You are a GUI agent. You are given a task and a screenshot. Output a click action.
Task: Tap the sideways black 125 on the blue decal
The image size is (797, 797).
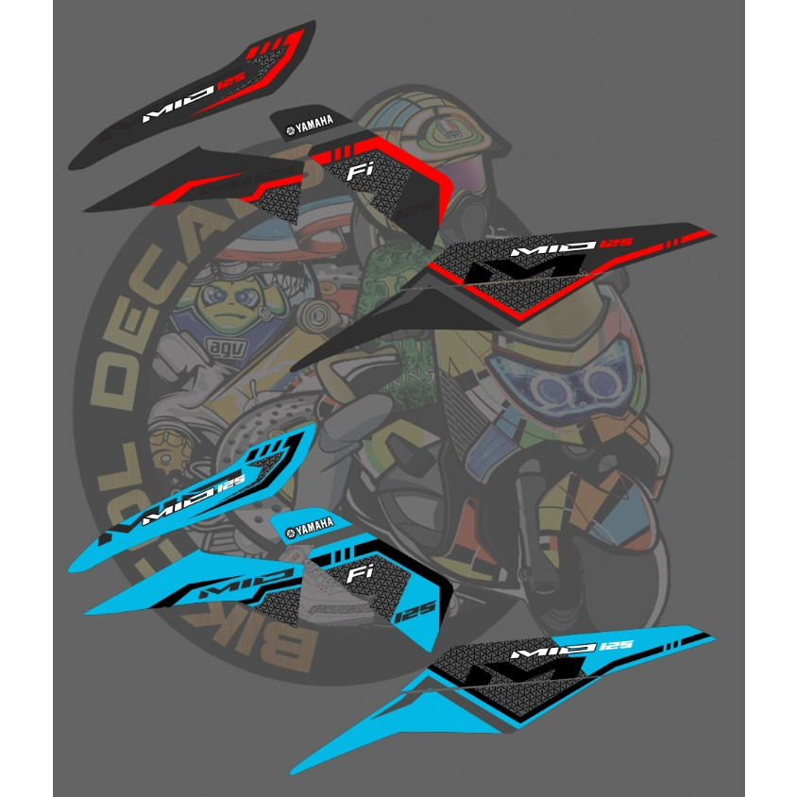coord(412,615)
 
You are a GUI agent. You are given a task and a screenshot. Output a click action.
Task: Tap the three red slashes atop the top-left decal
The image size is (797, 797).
coord(269,45)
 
